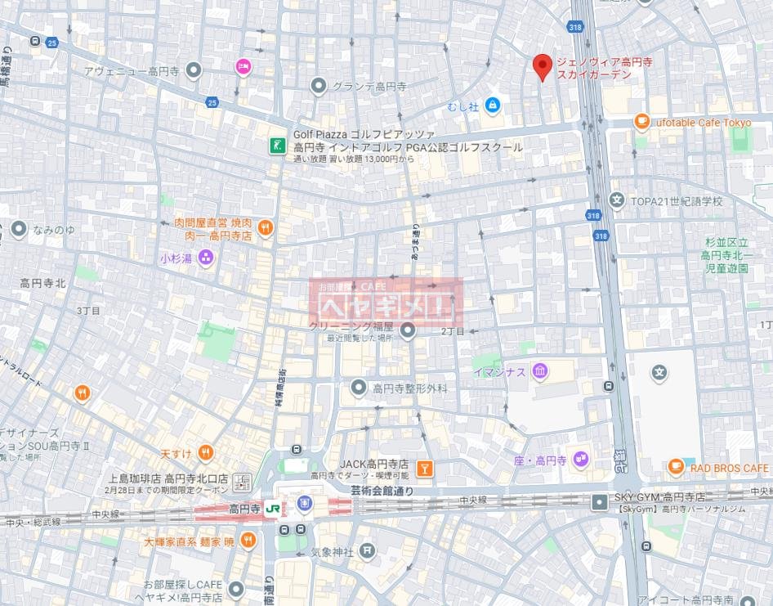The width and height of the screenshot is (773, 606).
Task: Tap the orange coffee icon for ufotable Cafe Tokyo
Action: [x=642, y=122]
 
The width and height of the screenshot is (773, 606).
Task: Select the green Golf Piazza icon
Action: [x=279, y=145]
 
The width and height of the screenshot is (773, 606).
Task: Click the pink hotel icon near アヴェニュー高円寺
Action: [x=243, y=67]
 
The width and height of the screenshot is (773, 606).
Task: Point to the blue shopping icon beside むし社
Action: [x=492, y=105]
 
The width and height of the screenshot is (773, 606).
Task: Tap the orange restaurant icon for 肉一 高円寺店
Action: [x=265, y=228]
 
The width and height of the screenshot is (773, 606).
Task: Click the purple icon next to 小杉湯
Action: [x=205, y=258]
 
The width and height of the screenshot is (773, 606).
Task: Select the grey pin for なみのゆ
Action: [x=18, y=230]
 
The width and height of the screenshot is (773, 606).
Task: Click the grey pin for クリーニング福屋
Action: [x=408, y=330]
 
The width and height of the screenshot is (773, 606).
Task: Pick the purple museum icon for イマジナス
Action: [x=540, y=372]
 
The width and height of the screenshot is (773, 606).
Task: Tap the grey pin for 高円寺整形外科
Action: [x=358, y=388]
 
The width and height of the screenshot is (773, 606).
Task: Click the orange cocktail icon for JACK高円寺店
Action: [x=424, y=469]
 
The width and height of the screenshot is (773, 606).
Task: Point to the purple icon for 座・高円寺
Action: [x=581, y=460]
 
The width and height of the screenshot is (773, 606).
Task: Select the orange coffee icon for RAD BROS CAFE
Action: [x=676, y=467]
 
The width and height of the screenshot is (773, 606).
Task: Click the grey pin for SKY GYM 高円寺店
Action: [x=601, y=499]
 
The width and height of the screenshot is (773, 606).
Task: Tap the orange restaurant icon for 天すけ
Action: [x=205, y=452]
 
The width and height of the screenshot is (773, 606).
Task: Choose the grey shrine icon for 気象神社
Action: [x=368, y=552]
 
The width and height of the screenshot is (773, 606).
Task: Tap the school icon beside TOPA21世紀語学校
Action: [x=617, y=200]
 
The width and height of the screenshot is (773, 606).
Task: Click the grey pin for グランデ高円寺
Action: [x=319, y=86]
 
